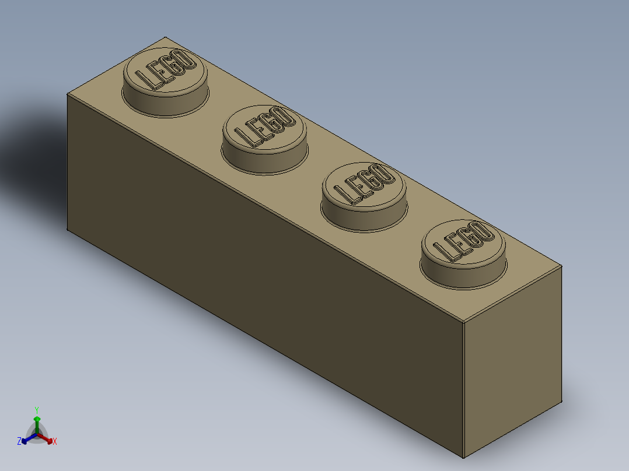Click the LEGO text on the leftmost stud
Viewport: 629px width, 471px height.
point(165,71)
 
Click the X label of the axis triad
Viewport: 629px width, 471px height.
point(55,442)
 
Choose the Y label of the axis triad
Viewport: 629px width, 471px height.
point(37,410)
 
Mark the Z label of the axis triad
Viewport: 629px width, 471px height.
point(19,442)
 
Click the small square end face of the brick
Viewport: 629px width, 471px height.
point(512,361)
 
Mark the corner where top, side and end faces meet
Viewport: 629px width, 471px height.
point(463,322)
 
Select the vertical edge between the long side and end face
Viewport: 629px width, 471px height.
point(463,391)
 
